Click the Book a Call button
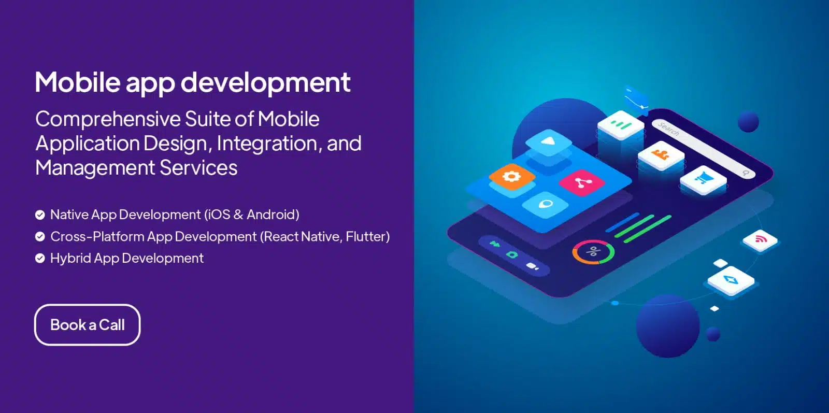click(x=88, y=325)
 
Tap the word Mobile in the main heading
click(x=77, y=82)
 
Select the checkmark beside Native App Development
click(x=40, y=215)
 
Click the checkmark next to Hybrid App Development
click(x=40, y=258)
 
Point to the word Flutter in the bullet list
click(x=365, y=236)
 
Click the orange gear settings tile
click(x=512, y=177)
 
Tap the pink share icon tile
click(x=582, y=182)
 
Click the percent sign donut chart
click(x=593, y=252)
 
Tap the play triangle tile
click(x=549, y=143)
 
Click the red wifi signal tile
click(x=760, y=240)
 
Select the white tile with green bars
click(x=621, y=125)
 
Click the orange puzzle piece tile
click(x=661, y=155)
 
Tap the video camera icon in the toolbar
click(x=532, y=266)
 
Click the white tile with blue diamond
click(x=731, y=280)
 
